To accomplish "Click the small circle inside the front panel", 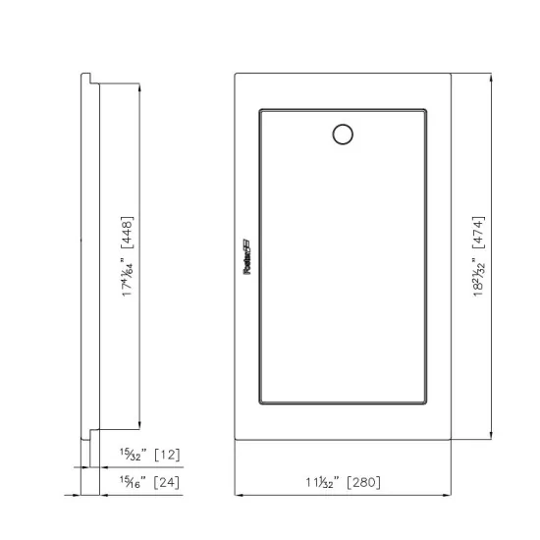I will coord(343,135).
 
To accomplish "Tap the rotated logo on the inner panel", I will coord(246,261).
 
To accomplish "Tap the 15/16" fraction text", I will coord(133,481).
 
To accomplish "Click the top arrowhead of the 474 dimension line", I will coord(489,75).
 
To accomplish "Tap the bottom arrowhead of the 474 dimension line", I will coord(489,438).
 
